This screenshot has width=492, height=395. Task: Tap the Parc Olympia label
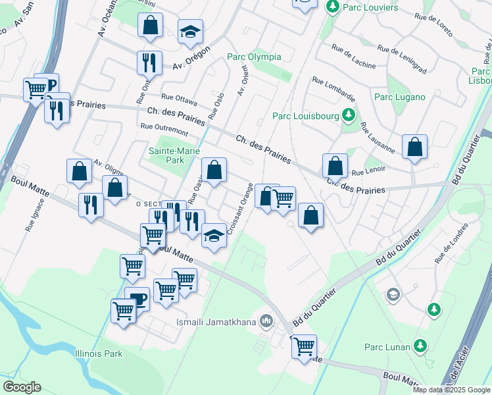click(254, 57)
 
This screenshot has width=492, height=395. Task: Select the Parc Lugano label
click(400, 97)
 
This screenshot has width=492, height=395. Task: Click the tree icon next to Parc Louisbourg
click(347, 117)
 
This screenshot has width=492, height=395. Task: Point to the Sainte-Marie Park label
click(166, 155)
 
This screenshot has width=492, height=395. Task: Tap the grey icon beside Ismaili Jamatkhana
click(266, 322)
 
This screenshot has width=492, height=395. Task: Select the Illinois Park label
click(99, 354)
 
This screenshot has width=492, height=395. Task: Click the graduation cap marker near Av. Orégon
click(190, 32)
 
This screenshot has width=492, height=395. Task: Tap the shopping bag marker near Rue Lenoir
click(335, 166)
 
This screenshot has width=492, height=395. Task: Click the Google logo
click(22, 387)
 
